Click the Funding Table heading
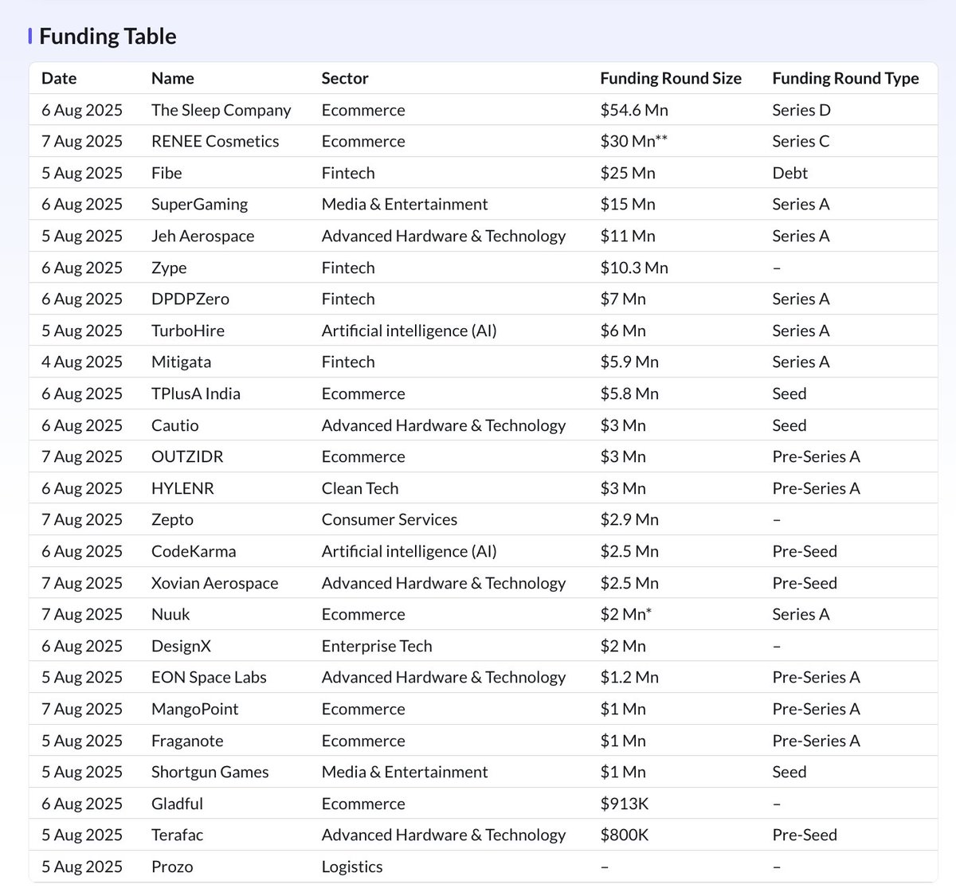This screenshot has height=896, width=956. click(108, 37)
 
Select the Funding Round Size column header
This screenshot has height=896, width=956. click(670, 78)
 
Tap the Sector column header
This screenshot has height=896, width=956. click(344, 78)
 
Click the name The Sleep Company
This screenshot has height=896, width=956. click(221, 110)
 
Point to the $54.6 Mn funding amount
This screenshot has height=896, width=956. click(633, 110)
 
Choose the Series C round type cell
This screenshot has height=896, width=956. click(800, 141)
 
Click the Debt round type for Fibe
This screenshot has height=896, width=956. click(789, 173)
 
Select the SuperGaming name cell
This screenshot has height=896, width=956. click(199, 205)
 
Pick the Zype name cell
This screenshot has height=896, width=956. click(169, 268)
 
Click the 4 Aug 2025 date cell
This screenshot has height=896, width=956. click(81, 362)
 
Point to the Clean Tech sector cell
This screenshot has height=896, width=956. click(359, 488)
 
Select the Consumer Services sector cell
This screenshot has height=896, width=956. click(389, 519)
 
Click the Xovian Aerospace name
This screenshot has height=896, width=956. click(214, 583)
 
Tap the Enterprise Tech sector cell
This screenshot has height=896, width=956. click(376, 646)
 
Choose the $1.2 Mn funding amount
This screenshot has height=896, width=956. click(629, 677)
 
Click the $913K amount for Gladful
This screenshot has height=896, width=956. click(624, 804)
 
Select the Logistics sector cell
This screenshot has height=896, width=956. click(351, 867)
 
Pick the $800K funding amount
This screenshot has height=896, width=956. click(624, 835)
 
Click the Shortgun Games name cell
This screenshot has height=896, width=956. click(210, 772)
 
